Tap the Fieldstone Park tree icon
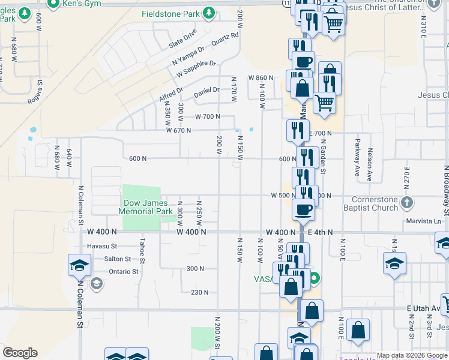click(208, 13)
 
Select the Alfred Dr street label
click(170, 95)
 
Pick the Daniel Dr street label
click(206, 92)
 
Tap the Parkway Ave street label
click(357, 152)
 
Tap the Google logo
click(20, 353)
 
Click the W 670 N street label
click(178, 130)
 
